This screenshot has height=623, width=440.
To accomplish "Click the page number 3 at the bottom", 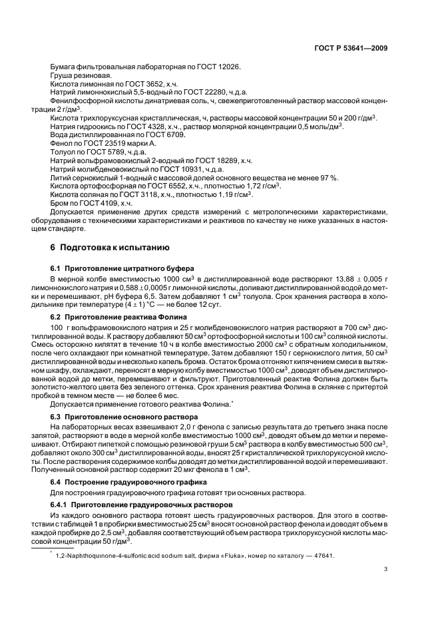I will tap(385, 568).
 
